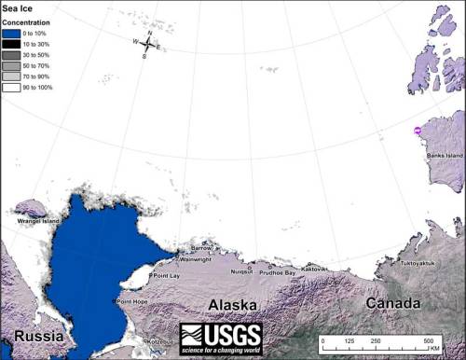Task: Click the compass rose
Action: tap(147, 44)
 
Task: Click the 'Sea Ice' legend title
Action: tap(17, 8)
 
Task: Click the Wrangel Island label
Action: tap(36, 221)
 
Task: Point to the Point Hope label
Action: tap(131, 301)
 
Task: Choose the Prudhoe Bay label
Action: tap(277, 272)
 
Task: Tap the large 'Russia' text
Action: tap(32, 336)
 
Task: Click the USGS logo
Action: tap(220, 339)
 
